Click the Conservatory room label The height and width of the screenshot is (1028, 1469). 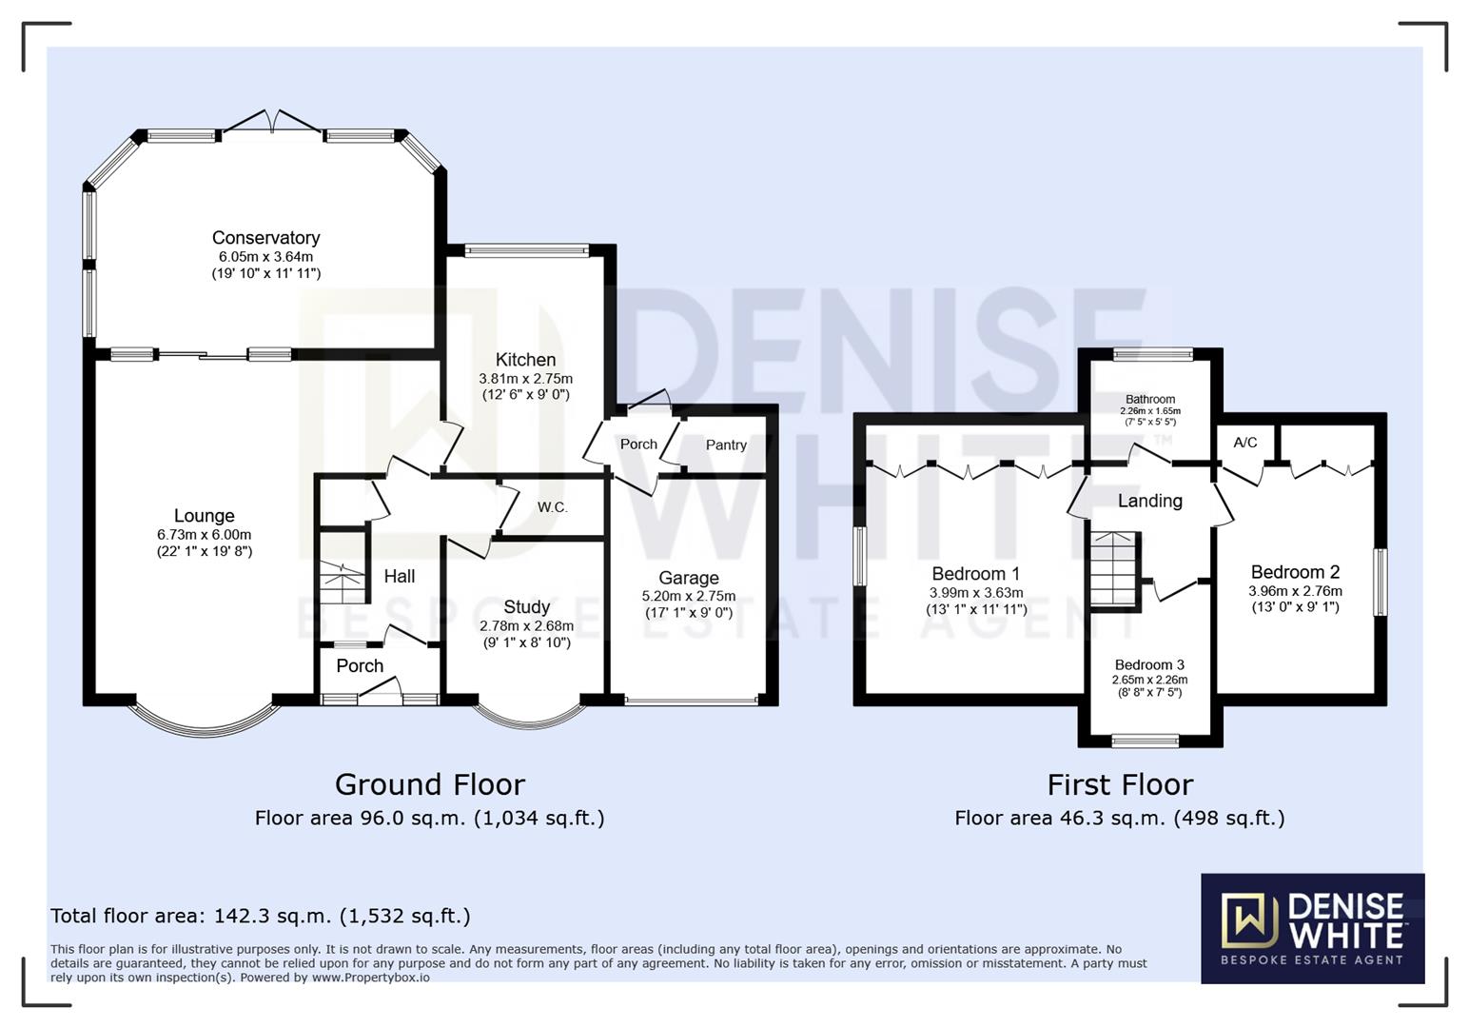(x=265, y=238)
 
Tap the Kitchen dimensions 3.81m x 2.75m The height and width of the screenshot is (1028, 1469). (x=525, y=379)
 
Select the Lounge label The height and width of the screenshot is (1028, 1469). (x=204, y=516)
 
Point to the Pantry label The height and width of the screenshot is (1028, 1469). (x=726, y=445)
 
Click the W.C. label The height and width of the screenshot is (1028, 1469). (x=552, y=507)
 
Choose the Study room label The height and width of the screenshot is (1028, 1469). (x=526, y=607)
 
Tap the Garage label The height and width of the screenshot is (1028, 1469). (x=688, y=578)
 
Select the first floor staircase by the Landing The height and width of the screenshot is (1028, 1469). (x=1114, y=570)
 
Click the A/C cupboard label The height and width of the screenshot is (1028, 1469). (x=1244, y=443)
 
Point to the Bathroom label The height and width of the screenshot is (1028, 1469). (x=1149, y=400)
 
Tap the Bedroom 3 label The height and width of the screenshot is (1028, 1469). (x=1149, y=664)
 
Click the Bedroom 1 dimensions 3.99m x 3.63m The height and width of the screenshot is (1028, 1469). (x=976, y=592)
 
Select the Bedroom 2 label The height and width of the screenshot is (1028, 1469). (x=1295, y=572)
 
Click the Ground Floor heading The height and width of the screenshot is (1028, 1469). (x=429, y=784)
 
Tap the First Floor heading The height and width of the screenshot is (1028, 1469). (x=1120, y=784)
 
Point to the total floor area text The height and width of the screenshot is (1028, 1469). (x=260, y=916)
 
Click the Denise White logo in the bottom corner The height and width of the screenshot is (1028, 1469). (x=1312, y=928)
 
